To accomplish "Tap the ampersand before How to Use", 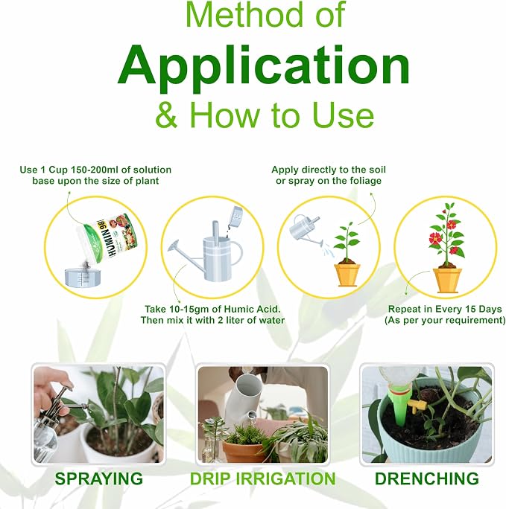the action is coord(167,115).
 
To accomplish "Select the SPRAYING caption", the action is coord(99,478).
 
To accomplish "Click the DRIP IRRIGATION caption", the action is coord(262,478).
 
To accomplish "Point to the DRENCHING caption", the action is coord(427,478).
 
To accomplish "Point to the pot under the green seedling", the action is coord(347,275).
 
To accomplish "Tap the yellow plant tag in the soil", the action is coord(417,406).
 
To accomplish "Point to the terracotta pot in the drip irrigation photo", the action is coord(243,451).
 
